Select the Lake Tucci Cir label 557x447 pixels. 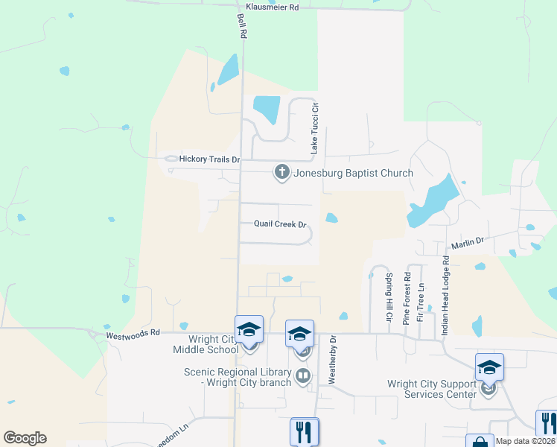pos(315,128)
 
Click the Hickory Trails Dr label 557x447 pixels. pos(209,159)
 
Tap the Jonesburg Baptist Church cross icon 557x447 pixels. pos(282,173)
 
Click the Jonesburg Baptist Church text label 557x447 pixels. pos(353,174)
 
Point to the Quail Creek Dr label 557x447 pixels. pos(281,223)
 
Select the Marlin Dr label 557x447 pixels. pos(468,243)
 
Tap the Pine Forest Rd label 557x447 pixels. pos(407,297)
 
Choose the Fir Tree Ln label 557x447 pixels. pos(420,302)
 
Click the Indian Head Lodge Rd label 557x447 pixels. pos(446,296)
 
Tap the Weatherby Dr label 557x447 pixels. pos(333,361)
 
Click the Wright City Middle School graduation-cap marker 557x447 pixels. pos(249,329)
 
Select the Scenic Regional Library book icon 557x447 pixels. pos(302,375)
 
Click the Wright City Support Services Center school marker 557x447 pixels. pos(489,367)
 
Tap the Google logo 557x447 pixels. pos(25,438)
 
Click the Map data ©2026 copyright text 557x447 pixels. pos(524,441)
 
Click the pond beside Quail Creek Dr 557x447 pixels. pos(331,218)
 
